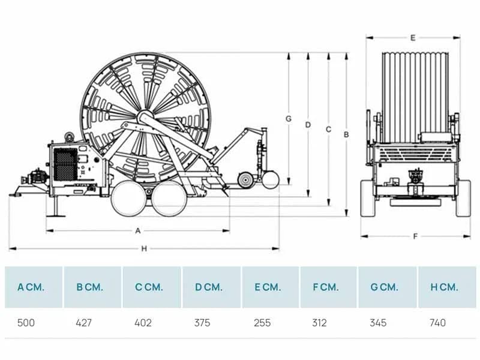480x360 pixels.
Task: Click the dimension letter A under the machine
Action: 138,231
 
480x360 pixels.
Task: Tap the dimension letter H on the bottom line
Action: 144,249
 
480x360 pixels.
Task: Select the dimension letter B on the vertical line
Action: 346,134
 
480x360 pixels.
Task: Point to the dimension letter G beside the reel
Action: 289,119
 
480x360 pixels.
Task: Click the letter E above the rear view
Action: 413,38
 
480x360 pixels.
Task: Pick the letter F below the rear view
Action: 415,236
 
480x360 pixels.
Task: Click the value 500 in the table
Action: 26,323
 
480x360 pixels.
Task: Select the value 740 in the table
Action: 438,323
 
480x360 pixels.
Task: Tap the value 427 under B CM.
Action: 83,323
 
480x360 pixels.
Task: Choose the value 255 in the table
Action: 262,323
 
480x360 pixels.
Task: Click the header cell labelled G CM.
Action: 387,287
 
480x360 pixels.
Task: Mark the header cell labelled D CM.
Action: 212,287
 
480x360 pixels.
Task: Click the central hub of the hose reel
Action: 145,117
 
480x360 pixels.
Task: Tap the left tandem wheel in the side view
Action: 128,199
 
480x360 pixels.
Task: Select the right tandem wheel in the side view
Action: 169,199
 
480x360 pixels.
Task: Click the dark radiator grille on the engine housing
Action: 65,164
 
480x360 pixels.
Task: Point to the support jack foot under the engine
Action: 56,216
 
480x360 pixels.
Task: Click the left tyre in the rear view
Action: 368,199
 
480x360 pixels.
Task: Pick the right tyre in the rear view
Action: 463,199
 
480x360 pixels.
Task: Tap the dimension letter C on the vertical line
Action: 328,130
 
